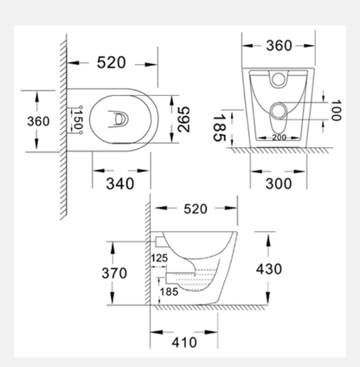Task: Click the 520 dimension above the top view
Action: click(x=112, y=62)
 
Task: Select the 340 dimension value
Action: click(x=120, y=183)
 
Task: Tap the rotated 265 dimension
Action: click(x=183, y=119)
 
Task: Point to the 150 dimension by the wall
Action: click(x=76, y=120)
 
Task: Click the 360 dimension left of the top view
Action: click(x=38, y=121)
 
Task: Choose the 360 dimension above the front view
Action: click(x=279, y=46)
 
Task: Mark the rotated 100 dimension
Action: click(x=336, y=110)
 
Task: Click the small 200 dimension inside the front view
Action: click(x=279, y=138)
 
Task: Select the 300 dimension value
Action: click(x=279, y=183)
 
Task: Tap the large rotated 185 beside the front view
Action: click(x=219, y=128)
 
